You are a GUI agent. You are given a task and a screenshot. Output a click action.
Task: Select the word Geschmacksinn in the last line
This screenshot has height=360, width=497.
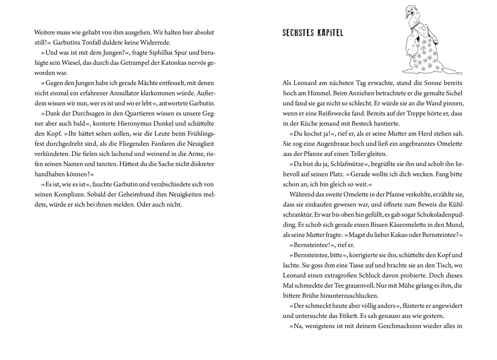(x=377, y=326)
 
